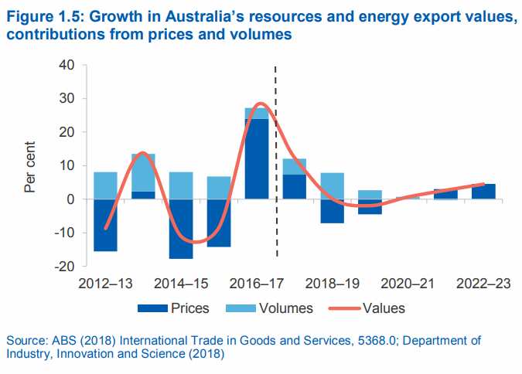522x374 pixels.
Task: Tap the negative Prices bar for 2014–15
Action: click(x=181, y=229)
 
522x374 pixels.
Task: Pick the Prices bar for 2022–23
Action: click(x=484, y=191)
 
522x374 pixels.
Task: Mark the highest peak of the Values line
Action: click(x=261, y=104)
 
